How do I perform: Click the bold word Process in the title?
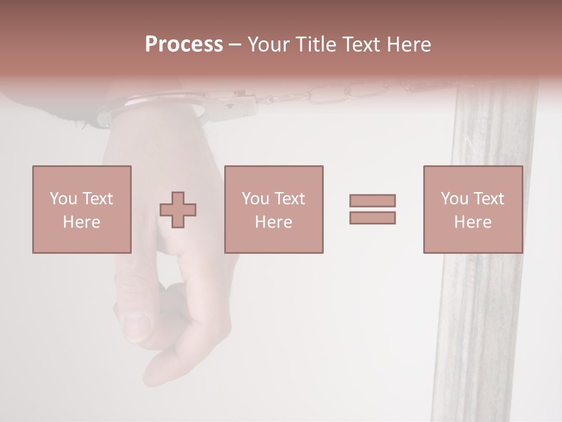click(184, 45)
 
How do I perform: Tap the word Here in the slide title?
click(407, 45)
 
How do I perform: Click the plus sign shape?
click(178, 210)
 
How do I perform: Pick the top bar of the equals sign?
click(372, 201)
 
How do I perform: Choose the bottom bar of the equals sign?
click(372, 218)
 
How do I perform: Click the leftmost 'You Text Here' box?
click(82, 209)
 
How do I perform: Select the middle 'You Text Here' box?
click(274, 209)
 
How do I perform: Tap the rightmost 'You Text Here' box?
click(473, 209)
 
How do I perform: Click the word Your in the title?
click(269, 45)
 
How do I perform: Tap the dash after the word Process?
click(235, 45)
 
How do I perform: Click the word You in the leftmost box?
click(64, 199)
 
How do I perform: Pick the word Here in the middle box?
click(274, 222)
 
